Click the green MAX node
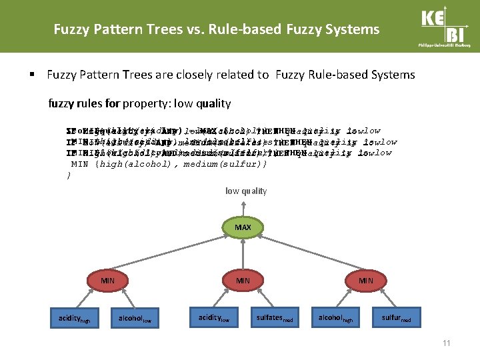click(243, 228)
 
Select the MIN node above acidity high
click(107, 281)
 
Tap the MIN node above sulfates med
click(243, 281)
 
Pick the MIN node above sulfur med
click(366, 281)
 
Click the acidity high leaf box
click(73, 319)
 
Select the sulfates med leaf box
click(275, 319)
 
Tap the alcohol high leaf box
click(337, 319)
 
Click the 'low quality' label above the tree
click(245, 191)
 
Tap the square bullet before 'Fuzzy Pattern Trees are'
click(31, 75)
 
